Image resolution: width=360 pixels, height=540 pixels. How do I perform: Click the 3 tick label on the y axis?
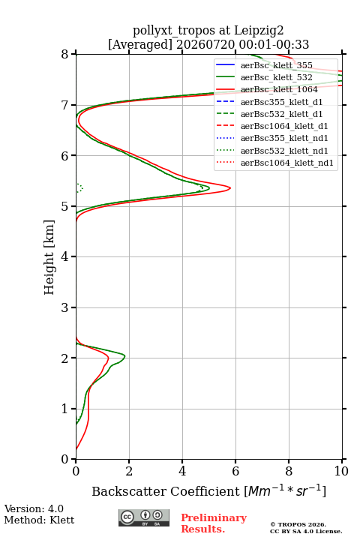64,307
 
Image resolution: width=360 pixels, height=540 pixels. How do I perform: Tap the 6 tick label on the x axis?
235,471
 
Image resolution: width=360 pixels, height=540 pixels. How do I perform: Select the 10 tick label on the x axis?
341,471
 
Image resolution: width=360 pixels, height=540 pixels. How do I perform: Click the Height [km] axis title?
49,257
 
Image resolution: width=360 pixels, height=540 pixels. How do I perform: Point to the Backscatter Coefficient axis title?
208,491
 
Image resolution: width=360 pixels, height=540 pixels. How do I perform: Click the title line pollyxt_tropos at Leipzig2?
208,31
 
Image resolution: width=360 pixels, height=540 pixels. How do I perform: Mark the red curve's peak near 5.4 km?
230,188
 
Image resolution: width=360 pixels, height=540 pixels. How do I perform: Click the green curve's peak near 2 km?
124,356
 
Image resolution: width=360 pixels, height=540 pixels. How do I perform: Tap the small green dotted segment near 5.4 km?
80,187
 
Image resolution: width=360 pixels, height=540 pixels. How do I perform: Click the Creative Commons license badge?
144,518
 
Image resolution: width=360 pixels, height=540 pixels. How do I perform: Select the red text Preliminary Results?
214,523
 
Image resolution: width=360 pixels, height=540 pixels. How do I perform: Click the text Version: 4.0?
34,508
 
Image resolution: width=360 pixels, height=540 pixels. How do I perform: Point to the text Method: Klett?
39,520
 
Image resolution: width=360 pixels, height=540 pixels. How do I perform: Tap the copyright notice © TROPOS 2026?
298,524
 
